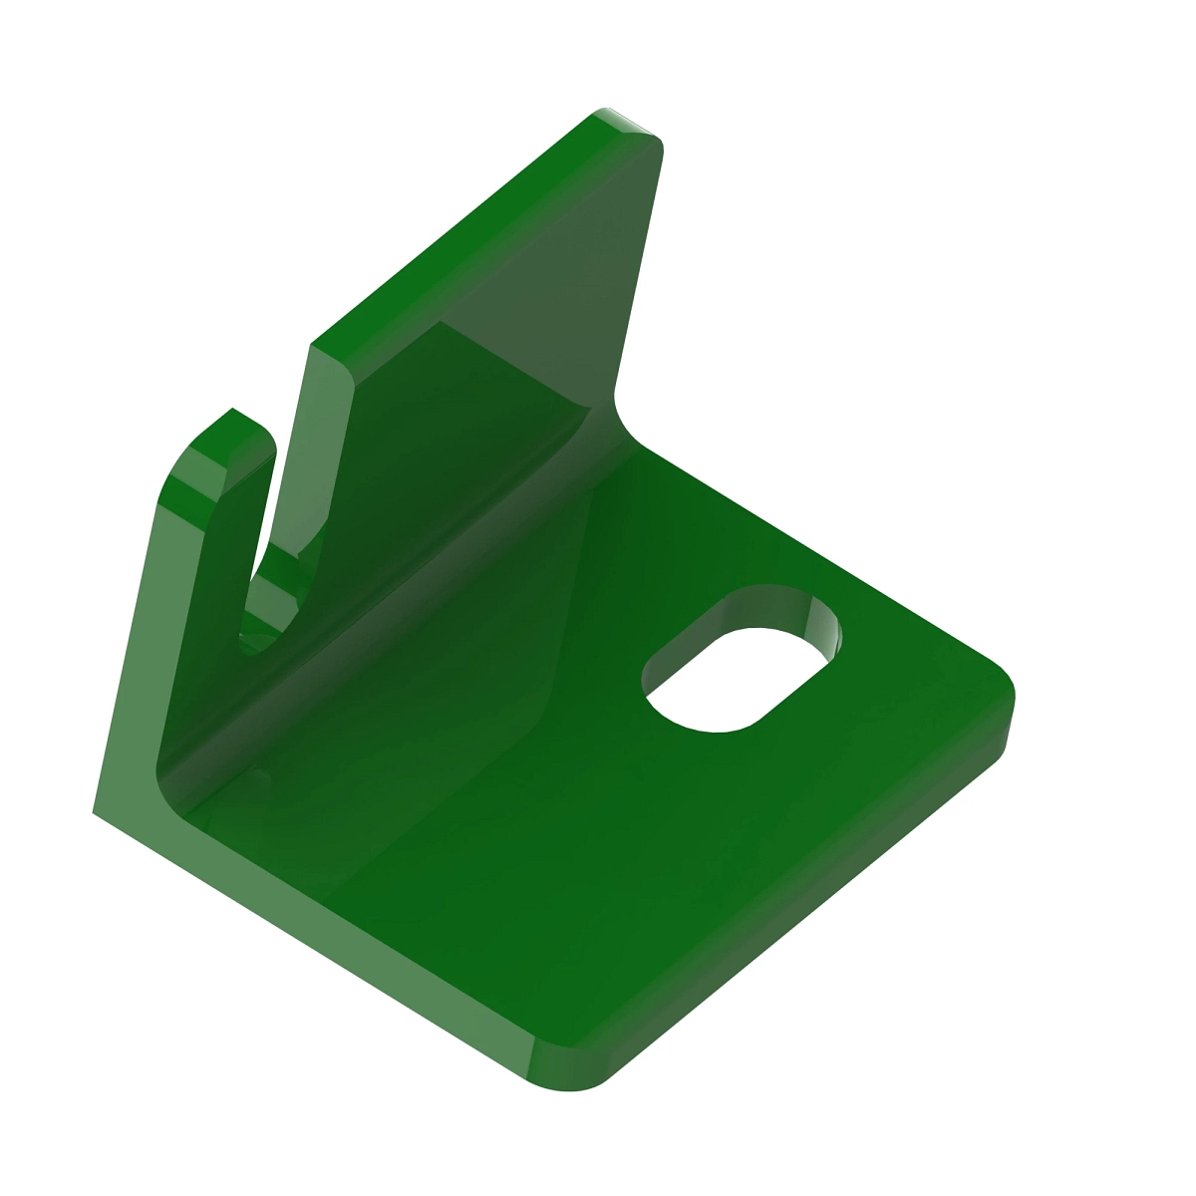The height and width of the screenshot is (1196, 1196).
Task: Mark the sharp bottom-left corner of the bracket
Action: tap(95, 811)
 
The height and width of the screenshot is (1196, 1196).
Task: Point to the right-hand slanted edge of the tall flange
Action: tap(638, 269)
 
